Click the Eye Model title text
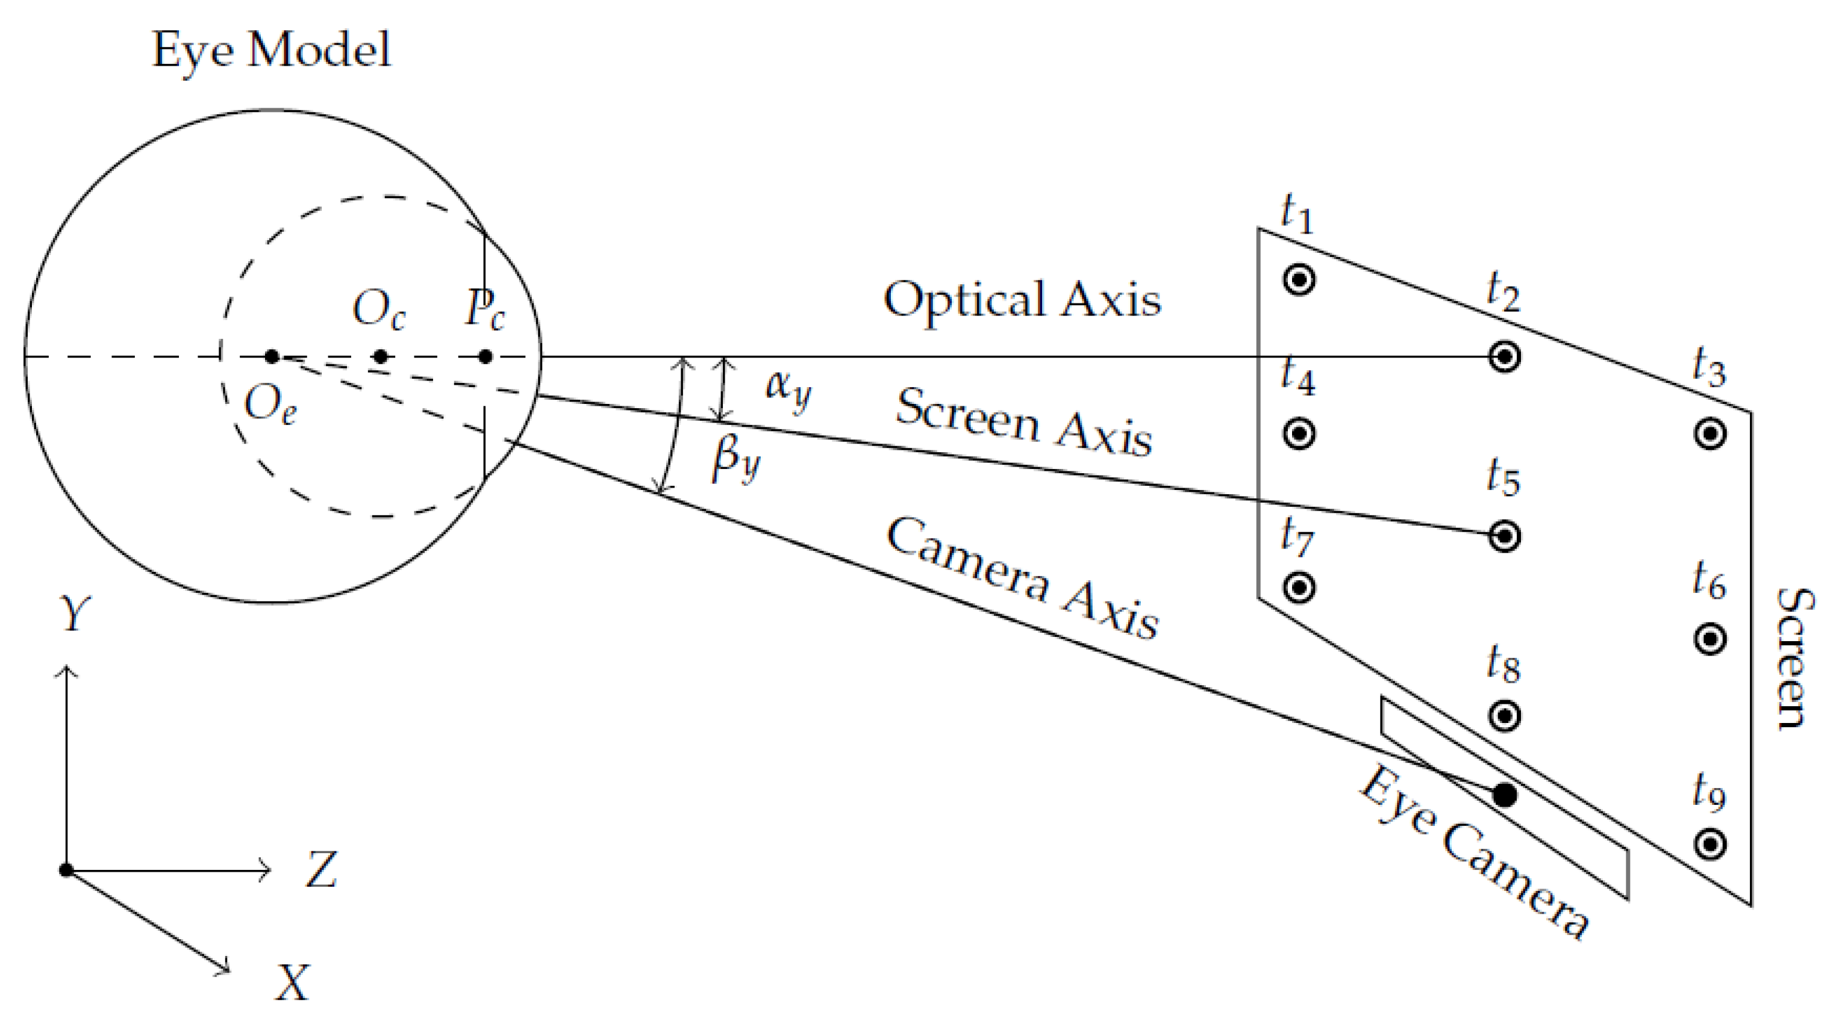coord(271,50)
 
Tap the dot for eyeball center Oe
coord(272,356)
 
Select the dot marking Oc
coord(381,356)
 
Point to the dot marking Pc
coord(486,356)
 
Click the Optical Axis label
coord(1022,299)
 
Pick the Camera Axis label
coord(1022,577)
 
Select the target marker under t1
coord(1299,279)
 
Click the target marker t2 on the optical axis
coord(1505,356)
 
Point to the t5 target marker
coord(1505,536)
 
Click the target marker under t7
coord(1299,588)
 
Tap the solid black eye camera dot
coord(1505,795)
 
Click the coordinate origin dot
coord(66,870)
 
